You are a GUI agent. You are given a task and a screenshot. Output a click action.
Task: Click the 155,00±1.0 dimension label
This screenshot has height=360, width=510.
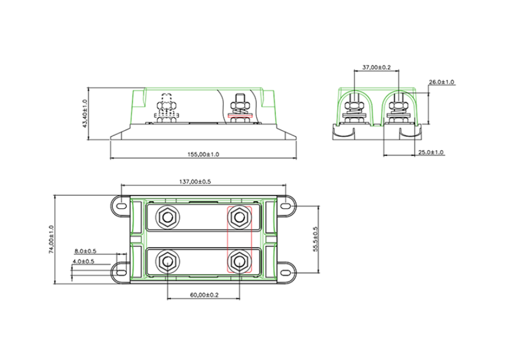pyautogui.click(x=204, y=154)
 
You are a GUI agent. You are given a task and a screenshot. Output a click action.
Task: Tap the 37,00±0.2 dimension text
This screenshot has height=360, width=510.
pyautogui.click(x=377, y=68)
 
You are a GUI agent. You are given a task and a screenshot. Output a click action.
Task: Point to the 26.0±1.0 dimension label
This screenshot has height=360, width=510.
pyautogui.click(x=442, y=82)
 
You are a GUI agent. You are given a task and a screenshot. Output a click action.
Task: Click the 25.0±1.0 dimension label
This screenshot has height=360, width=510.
pyautogui.click(x=431, y=152)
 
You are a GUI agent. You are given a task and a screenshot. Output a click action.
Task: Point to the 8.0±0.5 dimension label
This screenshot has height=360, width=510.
pyautogui.click(x=86, y=251)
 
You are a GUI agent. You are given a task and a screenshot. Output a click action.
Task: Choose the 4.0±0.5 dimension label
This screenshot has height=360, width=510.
pyautogui.click(x=83, y=262)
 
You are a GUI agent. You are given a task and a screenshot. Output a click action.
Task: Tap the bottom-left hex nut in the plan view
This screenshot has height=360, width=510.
pyautogui.click(x=166, y=261)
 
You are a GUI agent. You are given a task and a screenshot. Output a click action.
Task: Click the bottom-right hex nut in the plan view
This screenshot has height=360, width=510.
pyautogui.click(x=239, y=261)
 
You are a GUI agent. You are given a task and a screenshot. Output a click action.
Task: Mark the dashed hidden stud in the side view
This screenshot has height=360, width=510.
pyautogui.click(x=167, y=106)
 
